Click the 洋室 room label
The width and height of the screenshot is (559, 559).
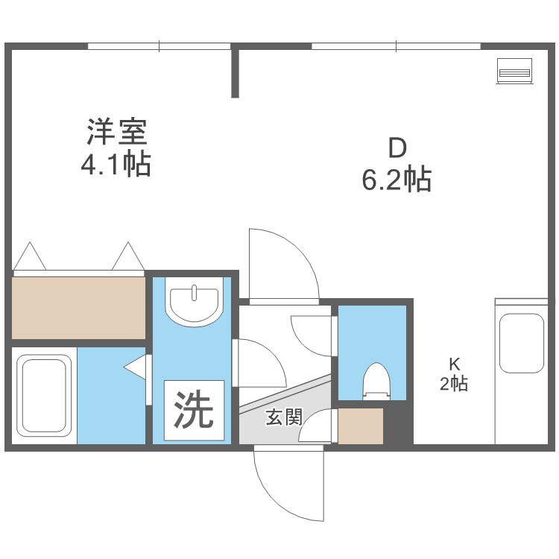[117, 131]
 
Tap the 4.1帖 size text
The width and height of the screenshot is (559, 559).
[116, 165]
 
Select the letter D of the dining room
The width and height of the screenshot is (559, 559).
[397, 148]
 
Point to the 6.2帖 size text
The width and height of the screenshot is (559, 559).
[397, 180]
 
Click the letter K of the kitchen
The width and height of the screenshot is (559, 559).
[454, 364]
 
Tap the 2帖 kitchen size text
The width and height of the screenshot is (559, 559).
[453, 384]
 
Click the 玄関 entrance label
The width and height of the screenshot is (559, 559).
[284, 417]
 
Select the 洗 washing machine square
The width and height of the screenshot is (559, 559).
[194, 410]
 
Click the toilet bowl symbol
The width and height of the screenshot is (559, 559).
[376, 381]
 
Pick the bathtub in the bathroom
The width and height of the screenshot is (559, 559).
[44, 396]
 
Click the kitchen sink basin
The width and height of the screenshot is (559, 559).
[521, 343]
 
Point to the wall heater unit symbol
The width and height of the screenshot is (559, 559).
[514, 71]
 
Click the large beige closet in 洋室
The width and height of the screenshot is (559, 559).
[78, 308]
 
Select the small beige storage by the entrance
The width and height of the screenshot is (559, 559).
[361, 426]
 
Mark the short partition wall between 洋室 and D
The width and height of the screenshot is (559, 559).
[235, 71]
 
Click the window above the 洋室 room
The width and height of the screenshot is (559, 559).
[159, 46]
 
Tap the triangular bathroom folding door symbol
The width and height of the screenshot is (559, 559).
[135, 367]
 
